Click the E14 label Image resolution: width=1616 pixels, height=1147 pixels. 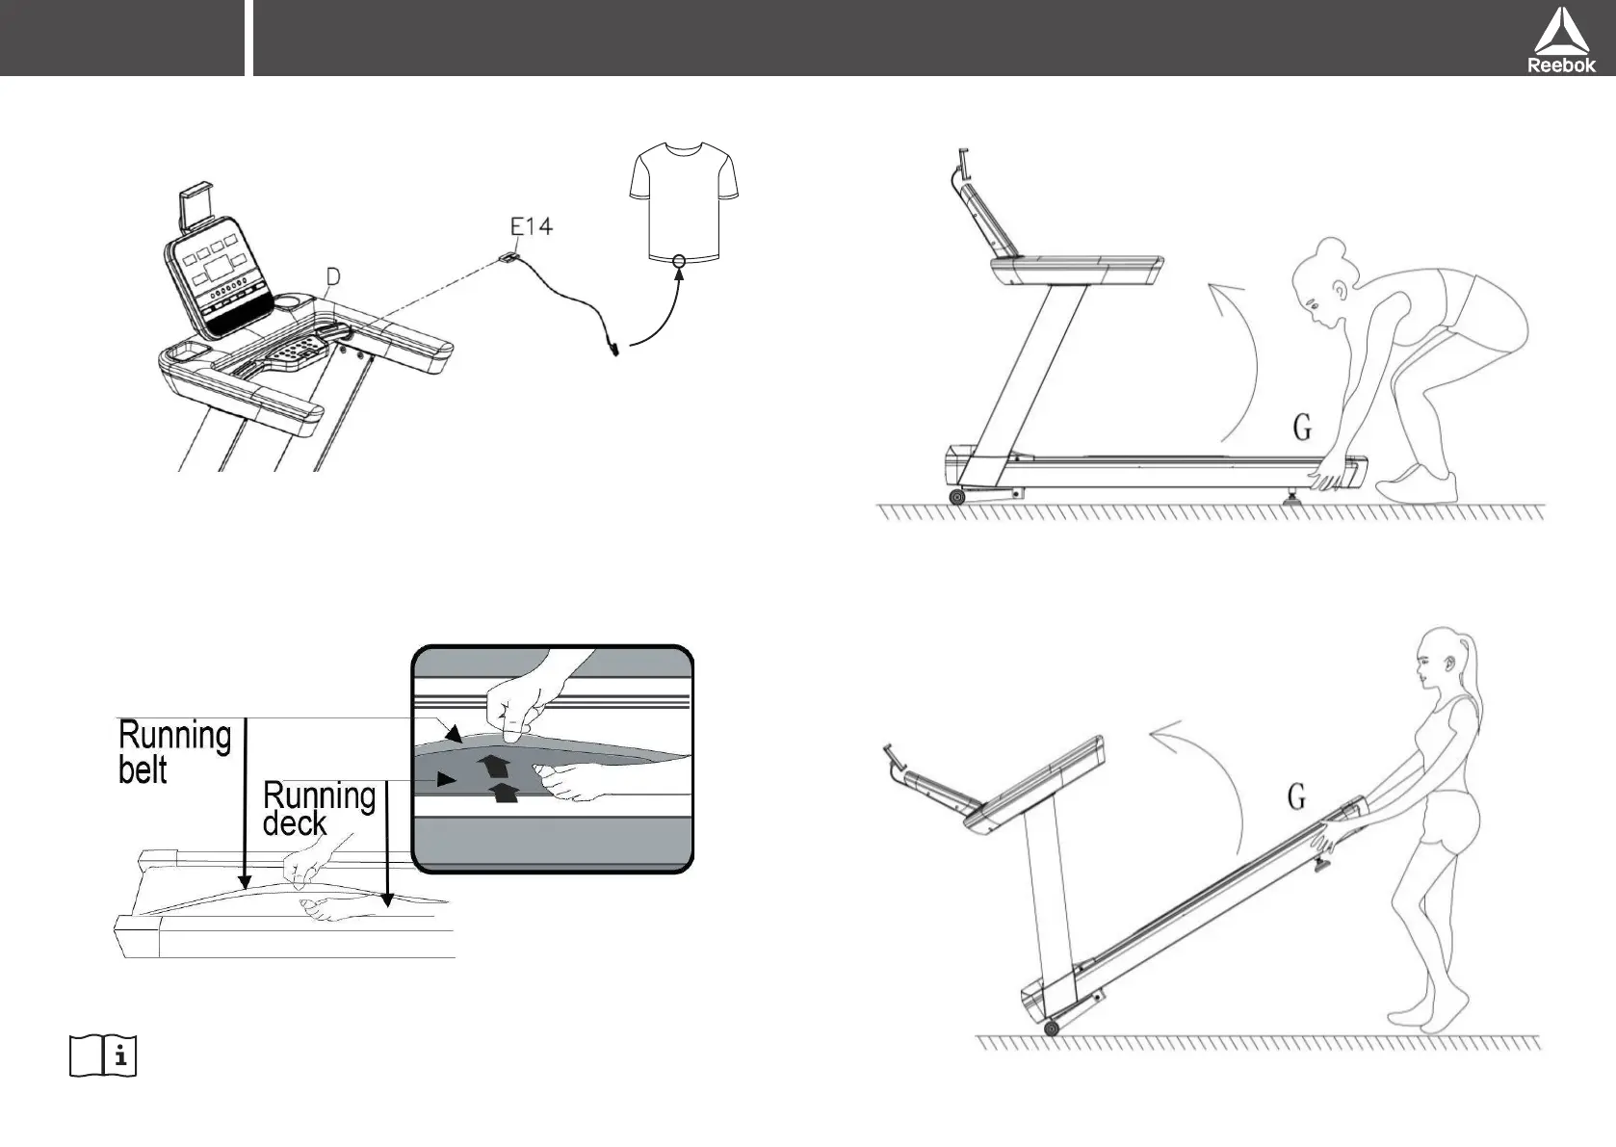[531, 227]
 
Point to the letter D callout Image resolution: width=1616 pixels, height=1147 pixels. [332, 277]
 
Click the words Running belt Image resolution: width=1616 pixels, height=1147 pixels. [173, 752]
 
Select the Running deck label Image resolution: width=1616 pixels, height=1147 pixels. [318, 809]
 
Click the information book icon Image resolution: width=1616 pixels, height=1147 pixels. [103, 1056]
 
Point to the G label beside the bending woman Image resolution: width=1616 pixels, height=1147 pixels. [1302, 428]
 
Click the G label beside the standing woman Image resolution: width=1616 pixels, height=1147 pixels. [1296, 797]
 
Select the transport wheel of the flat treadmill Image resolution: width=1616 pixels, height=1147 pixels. [956, 497]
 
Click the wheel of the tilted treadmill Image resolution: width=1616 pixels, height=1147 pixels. [1051, 1029]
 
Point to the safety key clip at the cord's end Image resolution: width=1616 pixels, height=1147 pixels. [611, 346]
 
